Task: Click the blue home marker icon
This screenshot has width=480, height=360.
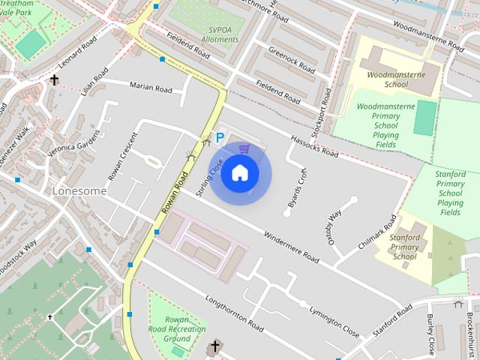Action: point(239,172)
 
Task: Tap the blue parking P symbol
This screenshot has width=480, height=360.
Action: point(220,138)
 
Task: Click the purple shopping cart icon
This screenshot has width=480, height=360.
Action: point(243,148)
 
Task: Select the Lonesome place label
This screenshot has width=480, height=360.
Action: point(79,191)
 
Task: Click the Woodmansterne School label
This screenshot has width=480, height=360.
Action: point(388,79)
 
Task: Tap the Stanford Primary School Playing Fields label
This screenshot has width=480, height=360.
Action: point(450,193)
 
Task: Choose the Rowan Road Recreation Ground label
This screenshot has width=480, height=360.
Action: point(178,328)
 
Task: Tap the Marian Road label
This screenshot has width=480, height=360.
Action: point(151,88)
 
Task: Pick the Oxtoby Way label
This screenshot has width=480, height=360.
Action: point(334,223)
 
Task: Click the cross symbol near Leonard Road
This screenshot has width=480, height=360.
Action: point(55,79)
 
